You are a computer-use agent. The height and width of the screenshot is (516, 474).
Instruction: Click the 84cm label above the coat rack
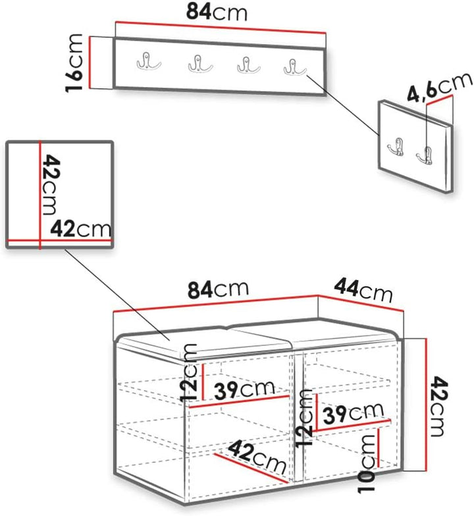click(217, 12)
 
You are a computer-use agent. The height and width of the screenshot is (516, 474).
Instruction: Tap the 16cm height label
click(74, 63)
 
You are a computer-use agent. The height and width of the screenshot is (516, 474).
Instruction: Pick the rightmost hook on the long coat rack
click(294, 67)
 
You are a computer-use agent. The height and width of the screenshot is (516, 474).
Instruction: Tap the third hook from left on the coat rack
click(248, 65)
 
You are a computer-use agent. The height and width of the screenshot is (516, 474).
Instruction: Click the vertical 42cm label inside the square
click(51, 185)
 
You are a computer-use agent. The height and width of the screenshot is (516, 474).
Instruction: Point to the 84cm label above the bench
click(218, 289)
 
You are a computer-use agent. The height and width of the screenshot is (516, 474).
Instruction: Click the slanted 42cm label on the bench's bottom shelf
click(257, 457)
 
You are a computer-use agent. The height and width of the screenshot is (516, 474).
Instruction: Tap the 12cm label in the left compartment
click(189, 372)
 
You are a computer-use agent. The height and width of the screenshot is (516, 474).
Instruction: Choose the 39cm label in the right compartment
click(353, 413)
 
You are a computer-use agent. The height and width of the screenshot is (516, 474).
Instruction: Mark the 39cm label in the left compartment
click(244, 389)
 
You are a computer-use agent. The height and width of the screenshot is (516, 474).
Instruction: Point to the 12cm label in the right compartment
click(303, 417)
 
